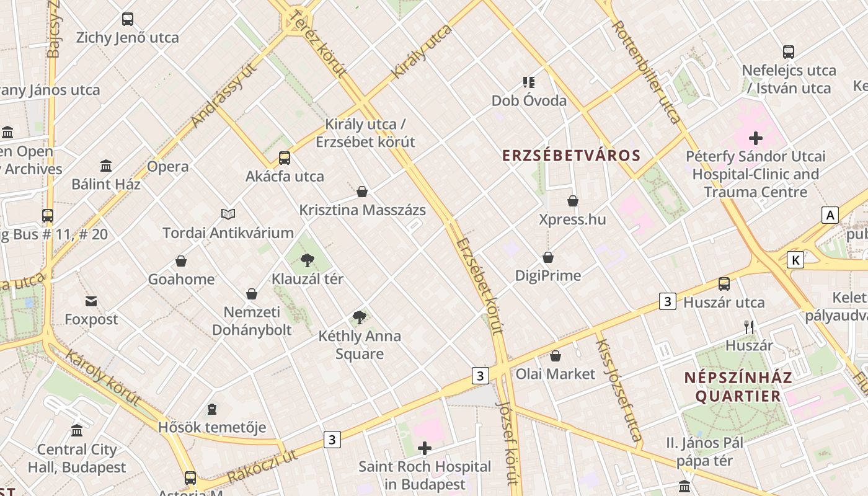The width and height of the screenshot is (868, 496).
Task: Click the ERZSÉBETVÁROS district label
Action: (571, 155)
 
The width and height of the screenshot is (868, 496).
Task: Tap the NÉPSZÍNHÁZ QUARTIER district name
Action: (738, 387)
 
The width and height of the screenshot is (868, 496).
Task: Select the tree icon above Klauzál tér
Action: (307, 260)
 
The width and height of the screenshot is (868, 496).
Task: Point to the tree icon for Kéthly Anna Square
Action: (359, 317)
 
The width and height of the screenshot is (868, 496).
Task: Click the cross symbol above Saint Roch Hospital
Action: (425, 448)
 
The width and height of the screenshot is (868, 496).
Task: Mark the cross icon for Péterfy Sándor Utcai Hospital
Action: (755, 138)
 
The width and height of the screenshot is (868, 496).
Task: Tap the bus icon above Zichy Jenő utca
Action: (128, 19)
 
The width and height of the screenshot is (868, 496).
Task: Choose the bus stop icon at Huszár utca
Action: (724, 284)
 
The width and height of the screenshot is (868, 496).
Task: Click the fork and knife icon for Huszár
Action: (749, 327)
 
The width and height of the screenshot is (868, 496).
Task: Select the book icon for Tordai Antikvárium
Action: (228, 214)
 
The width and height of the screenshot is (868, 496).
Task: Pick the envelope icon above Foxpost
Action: (92, 301)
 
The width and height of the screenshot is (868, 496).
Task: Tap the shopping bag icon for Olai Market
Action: (556, 356)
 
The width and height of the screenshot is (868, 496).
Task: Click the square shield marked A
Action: (830, 215)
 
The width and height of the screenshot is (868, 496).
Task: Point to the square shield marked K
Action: (795, 260)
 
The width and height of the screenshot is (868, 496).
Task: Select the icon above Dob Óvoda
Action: (528, 82)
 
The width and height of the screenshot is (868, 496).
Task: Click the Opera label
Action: (167, 166)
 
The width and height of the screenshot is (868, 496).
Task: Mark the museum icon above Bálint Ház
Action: (106, 166)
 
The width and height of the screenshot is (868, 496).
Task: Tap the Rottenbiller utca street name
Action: (647, 71)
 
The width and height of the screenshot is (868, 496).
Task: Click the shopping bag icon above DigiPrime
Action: (548, 257)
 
